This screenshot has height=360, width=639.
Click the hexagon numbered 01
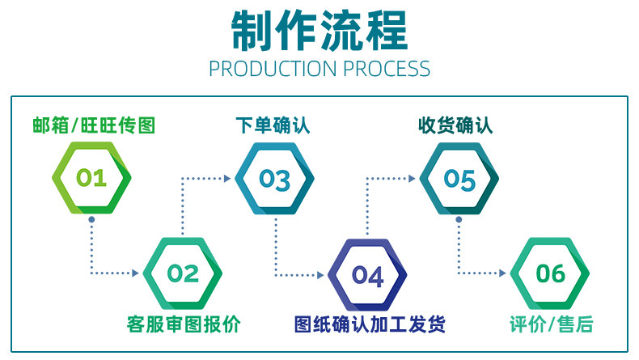[91, 179]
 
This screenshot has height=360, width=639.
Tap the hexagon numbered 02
[183, 273]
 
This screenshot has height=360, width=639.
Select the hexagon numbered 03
[274, 179]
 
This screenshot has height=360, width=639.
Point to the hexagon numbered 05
[459, 179]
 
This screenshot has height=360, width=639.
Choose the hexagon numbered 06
[551, 273]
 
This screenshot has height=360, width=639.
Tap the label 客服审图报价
[184, 325]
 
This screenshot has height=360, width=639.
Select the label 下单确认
[273, 125]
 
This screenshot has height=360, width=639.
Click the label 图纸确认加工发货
[369, 325]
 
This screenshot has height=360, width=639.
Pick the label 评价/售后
[552, 325]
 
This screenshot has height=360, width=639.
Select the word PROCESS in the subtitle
[387, 69]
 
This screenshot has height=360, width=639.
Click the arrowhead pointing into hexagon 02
[136, 273]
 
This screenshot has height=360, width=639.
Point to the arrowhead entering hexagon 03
[227, 179]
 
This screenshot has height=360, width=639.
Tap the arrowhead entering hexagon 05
[412, 179]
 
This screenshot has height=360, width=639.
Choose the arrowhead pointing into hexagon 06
[503, 273]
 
